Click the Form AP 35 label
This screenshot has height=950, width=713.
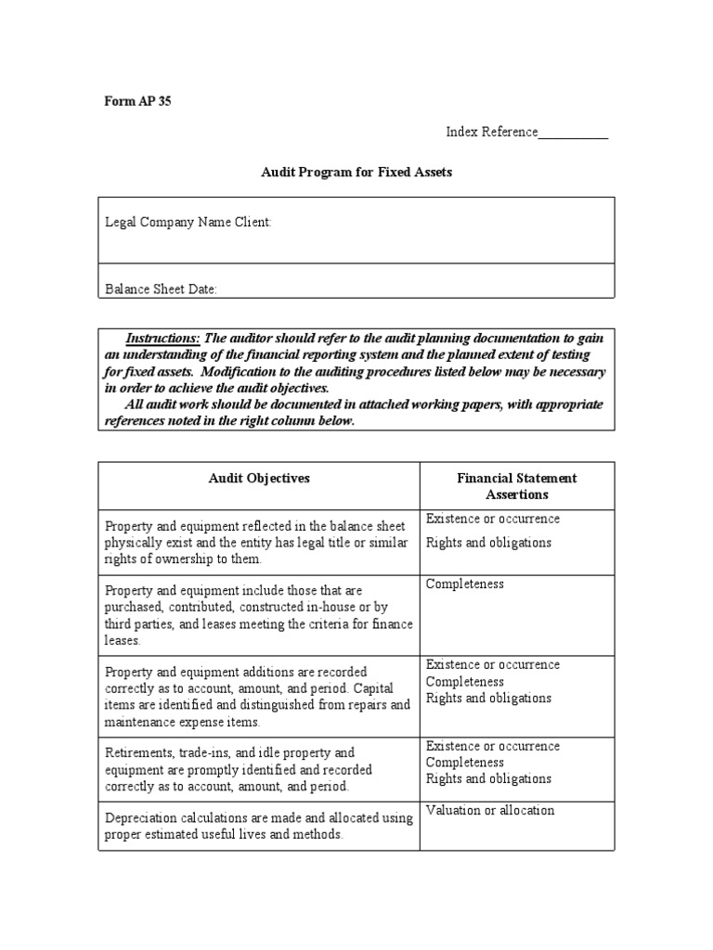coord(137,102)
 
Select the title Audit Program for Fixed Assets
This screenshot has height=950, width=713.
coord(356,173)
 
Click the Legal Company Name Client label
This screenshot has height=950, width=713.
coord(188,223)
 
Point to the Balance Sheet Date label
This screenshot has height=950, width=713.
coord(161,289)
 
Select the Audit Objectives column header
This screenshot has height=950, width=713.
coord(259,478)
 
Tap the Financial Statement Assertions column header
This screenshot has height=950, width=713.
coord(516,486)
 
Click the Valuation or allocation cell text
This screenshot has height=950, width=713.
coord(490,810)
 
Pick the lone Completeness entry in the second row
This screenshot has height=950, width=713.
coord(465,584)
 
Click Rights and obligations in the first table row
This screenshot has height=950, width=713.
coord(488,543)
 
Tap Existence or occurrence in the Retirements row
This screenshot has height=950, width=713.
coord(493,746)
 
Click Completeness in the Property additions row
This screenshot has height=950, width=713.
coord(465,682)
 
